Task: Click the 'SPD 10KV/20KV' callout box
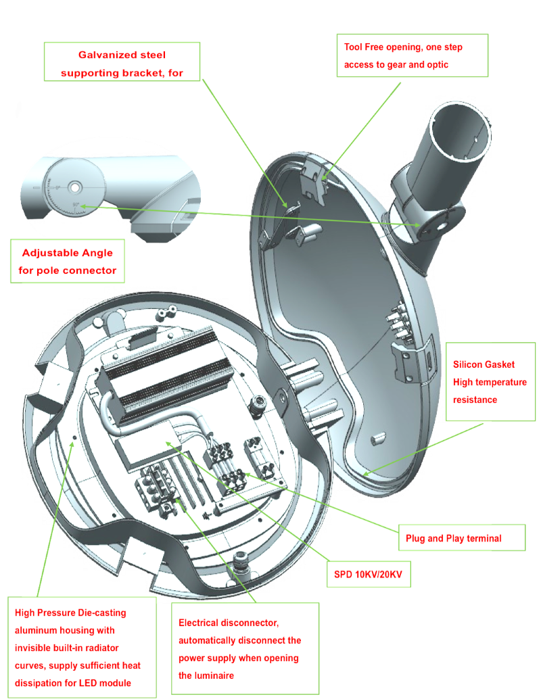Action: point(369,574)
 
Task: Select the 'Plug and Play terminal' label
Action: point(453,538)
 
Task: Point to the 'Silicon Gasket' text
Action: point(484,364)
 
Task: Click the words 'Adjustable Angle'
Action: point(68,253)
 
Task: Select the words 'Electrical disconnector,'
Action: point(229,623)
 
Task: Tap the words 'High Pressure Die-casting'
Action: point(70,612)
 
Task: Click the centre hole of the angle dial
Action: point(74,187)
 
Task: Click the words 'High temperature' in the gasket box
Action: point(490,382)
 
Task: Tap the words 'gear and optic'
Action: point(417,65)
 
